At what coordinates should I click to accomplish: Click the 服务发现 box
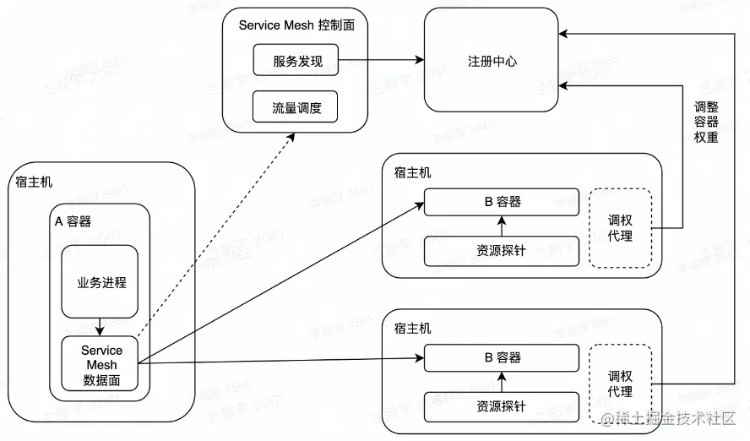[x=296, y=61]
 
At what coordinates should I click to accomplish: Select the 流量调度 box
[x=296, y=107]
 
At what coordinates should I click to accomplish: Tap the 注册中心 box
[x=492, y=61]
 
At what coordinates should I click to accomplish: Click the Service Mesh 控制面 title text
[x=296, y=25]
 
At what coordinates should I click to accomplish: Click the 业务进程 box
[x=101, y=282]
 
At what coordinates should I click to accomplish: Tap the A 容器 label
[x=73, y=221]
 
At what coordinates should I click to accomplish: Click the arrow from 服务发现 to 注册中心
[x=381, y=61]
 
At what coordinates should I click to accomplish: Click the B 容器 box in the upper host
[x=502, y=202]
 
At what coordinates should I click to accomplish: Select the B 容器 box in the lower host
[x=502, y=357]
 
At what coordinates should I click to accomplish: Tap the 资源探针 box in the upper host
[x=502, y=250]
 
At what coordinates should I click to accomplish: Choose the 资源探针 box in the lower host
[x=502, y=406]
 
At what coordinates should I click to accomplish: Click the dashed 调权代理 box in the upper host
[x=620, y=227]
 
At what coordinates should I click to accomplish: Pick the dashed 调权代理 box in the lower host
[x=620, y=383]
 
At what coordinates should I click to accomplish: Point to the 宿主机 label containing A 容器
[x=34, y=182]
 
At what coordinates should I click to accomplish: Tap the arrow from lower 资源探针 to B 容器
[x=502, y=382]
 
